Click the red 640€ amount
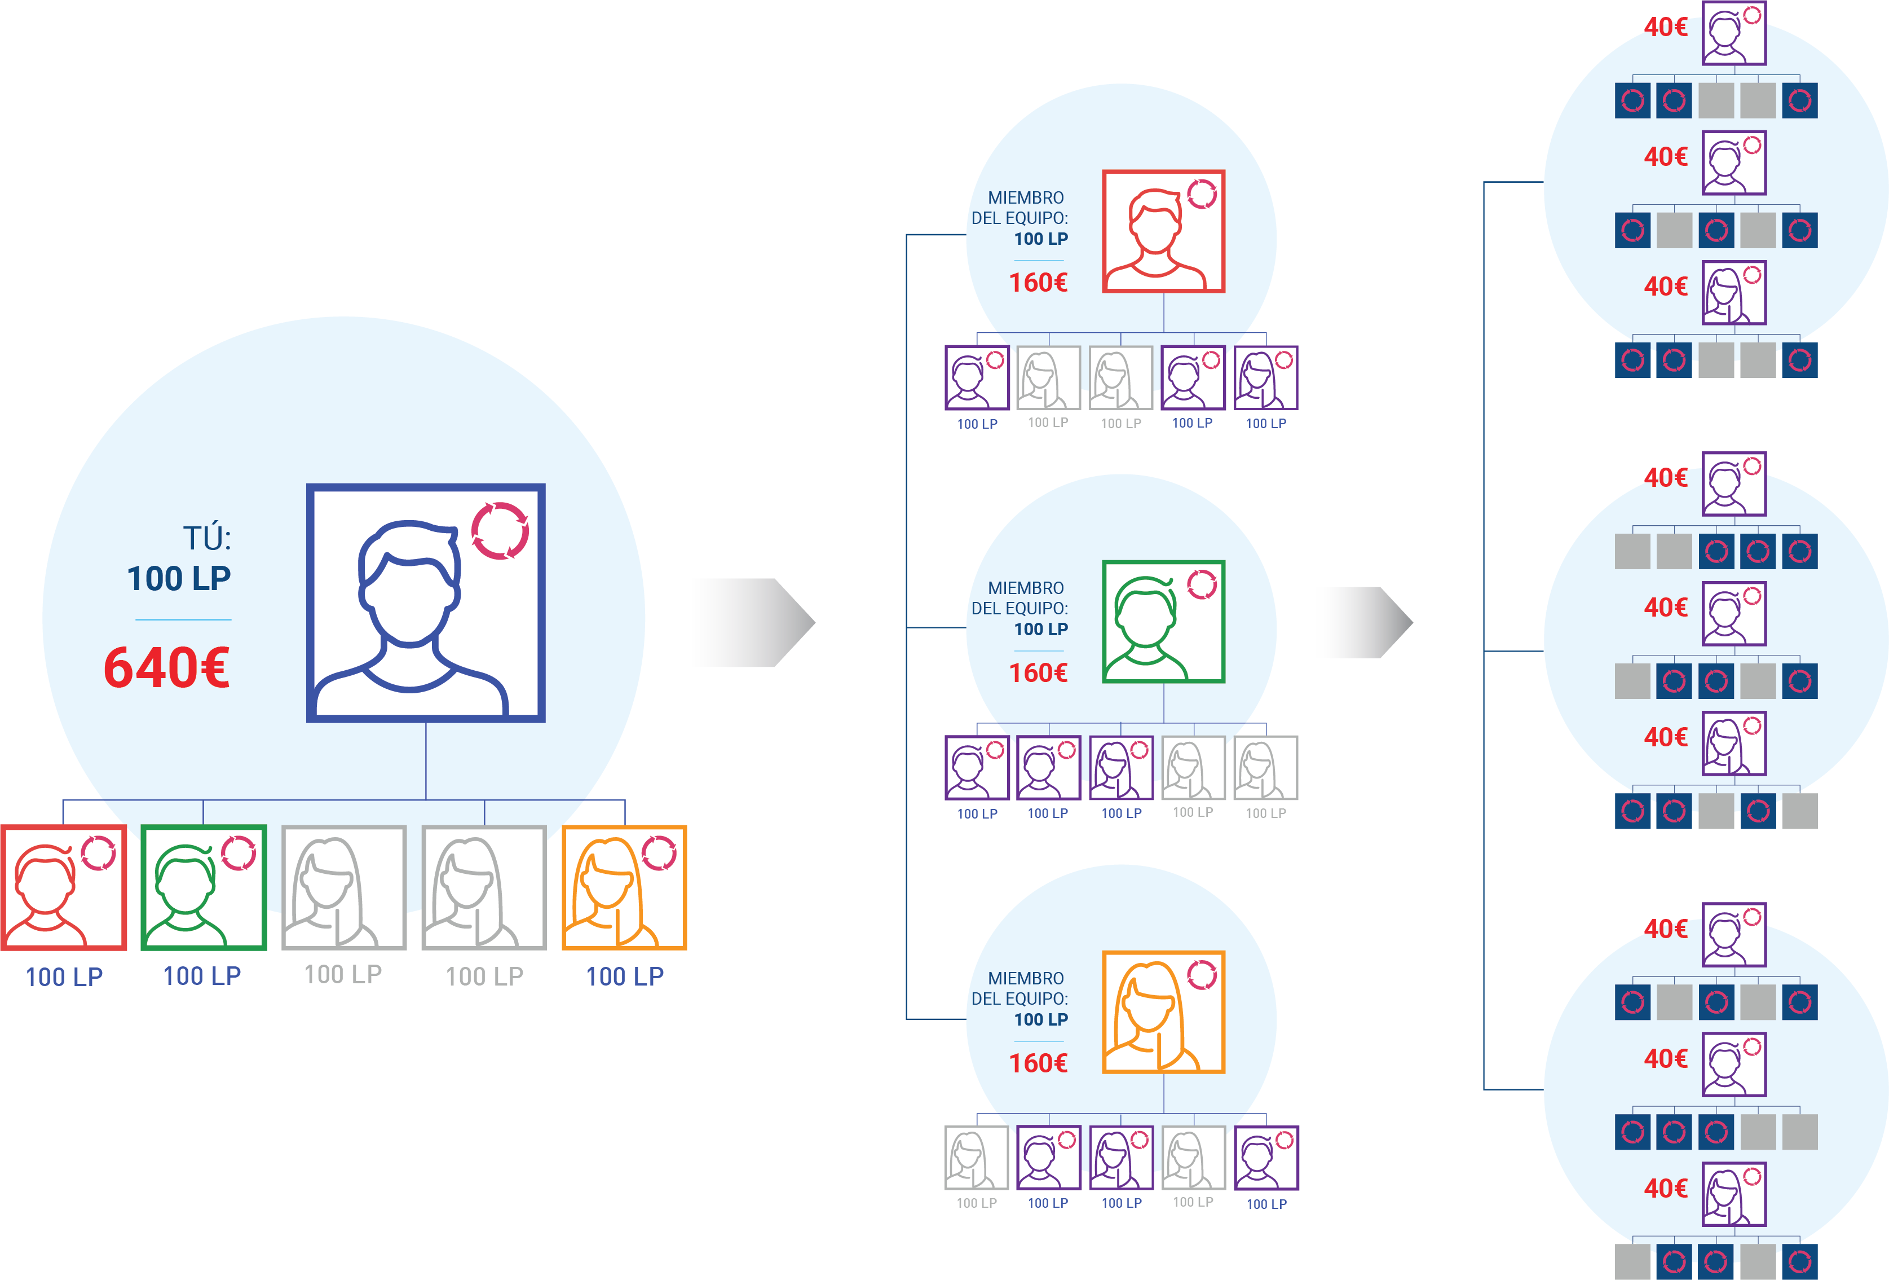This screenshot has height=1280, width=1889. click(167, 668)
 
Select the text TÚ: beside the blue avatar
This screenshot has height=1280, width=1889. click(208, 538)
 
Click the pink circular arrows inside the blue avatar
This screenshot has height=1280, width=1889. click(500, 531)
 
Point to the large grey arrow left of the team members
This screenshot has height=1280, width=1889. click(754, 622)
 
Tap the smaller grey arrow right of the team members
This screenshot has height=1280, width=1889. click(1370, 622)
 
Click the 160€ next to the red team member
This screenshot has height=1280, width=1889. click(1038, 282)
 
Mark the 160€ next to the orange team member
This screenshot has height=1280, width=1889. click(1038, 1063)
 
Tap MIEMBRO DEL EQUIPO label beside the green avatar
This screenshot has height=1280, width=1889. click(1020, 598)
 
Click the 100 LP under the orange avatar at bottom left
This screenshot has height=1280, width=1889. click(625, 976)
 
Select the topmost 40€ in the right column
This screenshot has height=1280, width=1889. click(1666, 27)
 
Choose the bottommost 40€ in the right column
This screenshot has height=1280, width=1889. click(1666, 1188)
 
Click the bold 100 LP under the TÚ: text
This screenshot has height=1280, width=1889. click(179, 578)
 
